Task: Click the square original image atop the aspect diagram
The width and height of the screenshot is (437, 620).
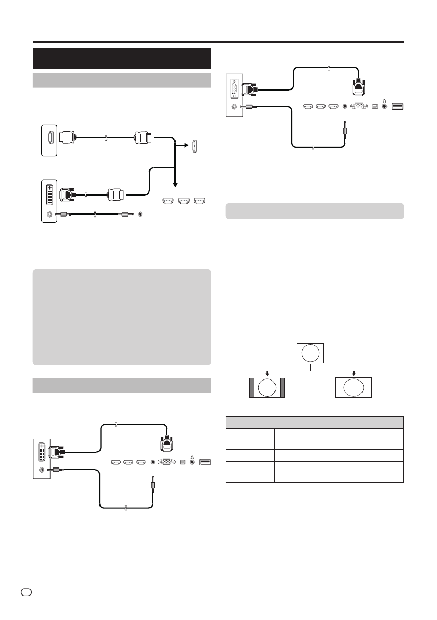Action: tap(310, 353)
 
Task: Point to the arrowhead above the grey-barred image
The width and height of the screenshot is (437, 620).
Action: tap(267, 373)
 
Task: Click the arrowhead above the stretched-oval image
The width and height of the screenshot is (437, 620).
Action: tap(354, 373)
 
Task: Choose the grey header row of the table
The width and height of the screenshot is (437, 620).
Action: tap(314, 423)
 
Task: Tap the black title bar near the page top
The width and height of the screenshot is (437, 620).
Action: tap(122, 58)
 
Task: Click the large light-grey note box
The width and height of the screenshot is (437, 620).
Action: tap(122, 317)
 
